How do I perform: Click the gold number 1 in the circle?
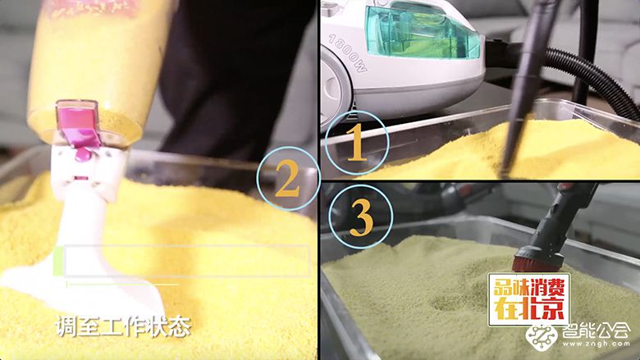coord(355,145)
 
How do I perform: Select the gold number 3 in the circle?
coord(362,218)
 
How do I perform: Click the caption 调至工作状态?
coord(122,327)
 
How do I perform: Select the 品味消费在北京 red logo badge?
coord(528,299)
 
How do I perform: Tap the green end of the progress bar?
coord(59,261)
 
